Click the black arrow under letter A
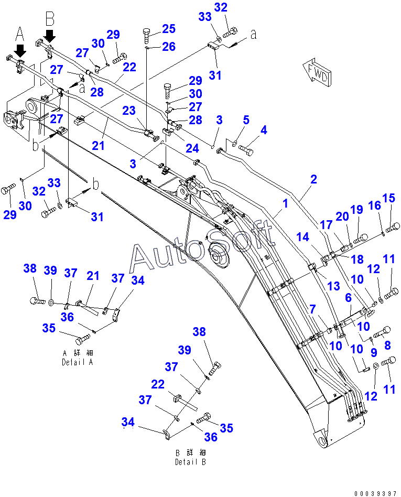pos(20,51)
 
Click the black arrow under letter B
pos(50,36)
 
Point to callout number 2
pos(313,179)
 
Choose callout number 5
pos(245,120)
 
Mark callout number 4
pos(264,129)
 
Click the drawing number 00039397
pos(375,493)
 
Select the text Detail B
pos(190,462)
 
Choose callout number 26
pos(168,47)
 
